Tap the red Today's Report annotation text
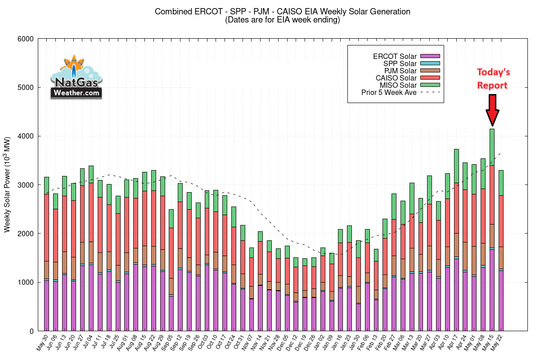493,79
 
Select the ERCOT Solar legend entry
394,56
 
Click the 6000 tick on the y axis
26,39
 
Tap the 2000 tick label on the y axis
26,234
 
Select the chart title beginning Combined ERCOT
282,11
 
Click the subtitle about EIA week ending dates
282,20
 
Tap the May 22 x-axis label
498,342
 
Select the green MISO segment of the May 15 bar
492,147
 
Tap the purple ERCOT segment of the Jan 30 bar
358,317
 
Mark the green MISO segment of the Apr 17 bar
456,166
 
